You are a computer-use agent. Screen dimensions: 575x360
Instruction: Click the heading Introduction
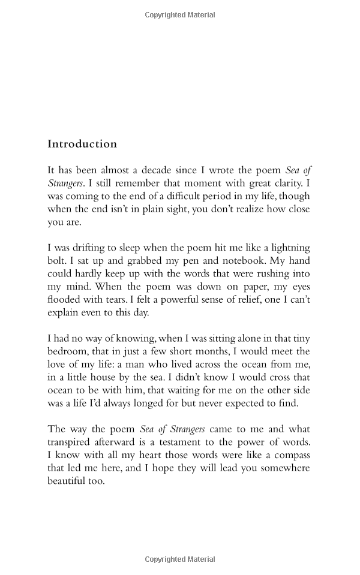pyautogui.click(x=82, y=144)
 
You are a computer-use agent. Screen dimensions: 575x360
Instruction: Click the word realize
pyautogui.click(x=238, y=209)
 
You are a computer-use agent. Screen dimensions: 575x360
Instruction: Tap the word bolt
pyautogui.click(x=57, y=261)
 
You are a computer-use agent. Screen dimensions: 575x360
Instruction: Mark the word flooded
pyautogui.click(x=65, y=300)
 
